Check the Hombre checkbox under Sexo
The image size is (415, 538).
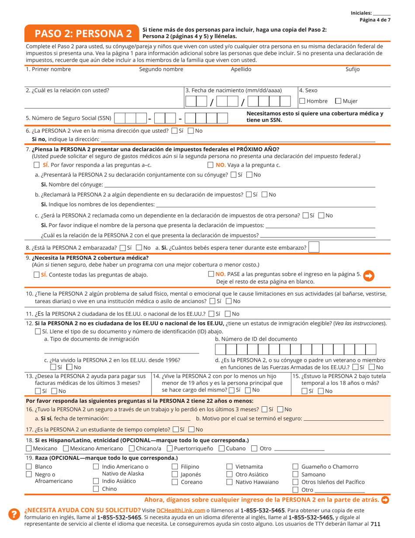[302, 101]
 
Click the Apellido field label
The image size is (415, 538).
[241, 69]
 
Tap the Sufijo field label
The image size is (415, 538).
[352, 69]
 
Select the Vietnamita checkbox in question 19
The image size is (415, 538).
[229, 467]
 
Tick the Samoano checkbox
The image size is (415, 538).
[295, 475]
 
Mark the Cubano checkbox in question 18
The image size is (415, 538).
[221, 448]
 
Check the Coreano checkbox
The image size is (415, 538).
[174, 482]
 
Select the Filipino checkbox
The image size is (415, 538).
[174, 467]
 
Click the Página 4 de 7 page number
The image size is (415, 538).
[375, 20]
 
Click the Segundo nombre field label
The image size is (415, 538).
[161, 69]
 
